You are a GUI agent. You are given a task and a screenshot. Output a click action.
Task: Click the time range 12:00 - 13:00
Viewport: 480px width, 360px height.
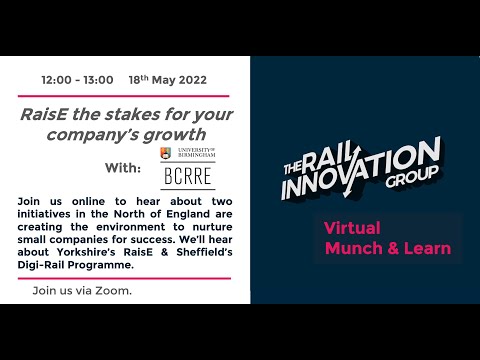click(x=78, y=78)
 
